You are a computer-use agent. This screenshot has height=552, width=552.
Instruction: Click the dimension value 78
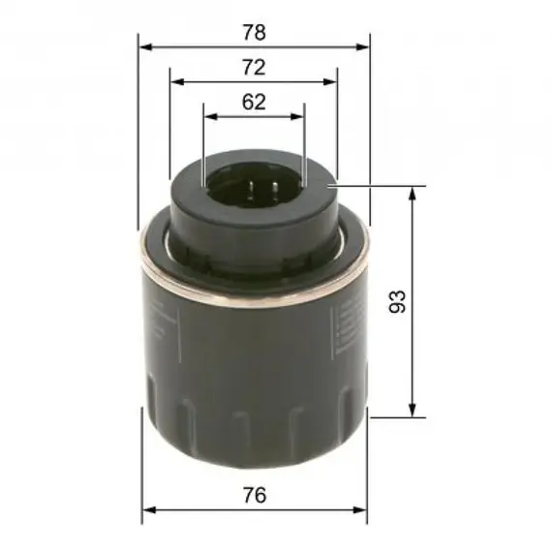pos(254,32)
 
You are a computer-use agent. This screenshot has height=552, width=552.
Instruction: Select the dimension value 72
pos(254,67)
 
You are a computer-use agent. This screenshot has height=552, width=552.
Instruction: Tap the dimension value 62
pos(254,102)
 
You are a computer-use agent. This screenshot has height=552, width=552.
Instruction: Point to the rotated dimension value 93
pos(397,301)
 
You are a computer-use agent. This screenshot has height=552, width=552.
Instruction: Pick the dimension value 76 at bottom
pos(255,495)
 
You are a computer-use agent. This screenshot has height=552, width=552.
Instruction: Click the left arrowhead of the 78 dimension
pos(145,46)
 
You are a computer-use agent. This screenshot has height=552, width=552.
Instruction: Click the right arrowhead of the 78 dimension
pos(362,46)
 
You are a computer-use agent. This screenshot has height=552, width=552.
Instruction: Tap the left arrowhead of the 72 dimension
pos(177,82)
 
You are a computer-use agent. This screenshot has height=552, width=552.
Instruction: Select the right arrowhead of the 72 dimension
pos(329,82)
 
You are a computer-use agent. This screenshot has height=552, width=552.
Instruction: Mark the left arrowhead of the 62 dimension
pos(211,116)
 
